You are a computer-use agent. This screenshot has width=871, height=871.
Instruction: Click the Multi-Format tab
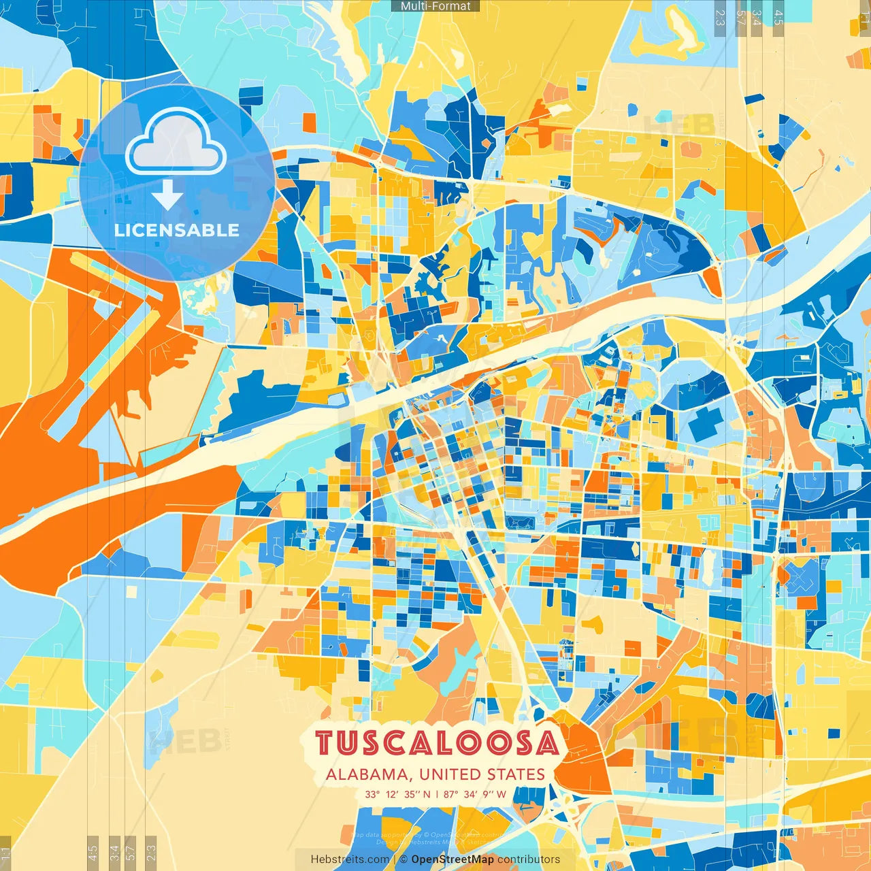(435, 6)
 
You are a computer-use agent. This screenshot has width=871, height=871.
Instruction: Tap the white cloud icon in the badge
(176, 143)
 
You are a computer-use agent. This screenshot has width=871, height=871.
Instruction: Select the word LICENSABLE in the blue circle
(176, 230)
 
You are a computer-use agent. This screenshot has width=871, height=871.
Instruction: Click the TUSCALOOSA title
(436, 743)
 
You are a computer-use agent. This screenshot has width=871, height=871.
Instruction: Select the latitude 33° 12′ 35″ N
(397, 794)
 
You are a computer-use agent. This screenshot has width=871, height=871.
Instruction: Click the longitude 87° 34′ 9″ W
(475, 794)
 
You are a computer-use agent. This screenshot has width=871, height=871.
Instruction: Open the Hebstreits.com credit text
(350, 859)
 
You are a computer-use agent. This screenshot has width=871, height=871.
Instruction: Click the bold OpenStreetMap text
(453, 859)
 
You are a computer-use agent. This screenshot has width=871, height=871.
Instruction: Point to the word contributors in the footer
(529, 859)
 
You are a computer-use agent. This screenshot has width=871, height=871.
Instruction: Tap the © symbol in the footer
(404, 859)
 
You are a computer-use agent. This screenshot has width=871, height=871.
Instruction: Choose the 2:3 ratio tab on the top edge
(720, 17)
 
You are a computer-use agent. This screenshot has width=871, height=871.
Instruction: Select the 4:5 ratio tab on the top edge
(778, 17)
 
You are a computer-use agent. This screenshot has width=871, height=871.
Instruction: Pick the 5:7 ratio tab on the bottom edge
(131, 852)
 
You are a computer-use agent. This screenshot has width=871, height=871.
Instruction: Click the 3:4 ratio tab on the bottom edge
(114, 852)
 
